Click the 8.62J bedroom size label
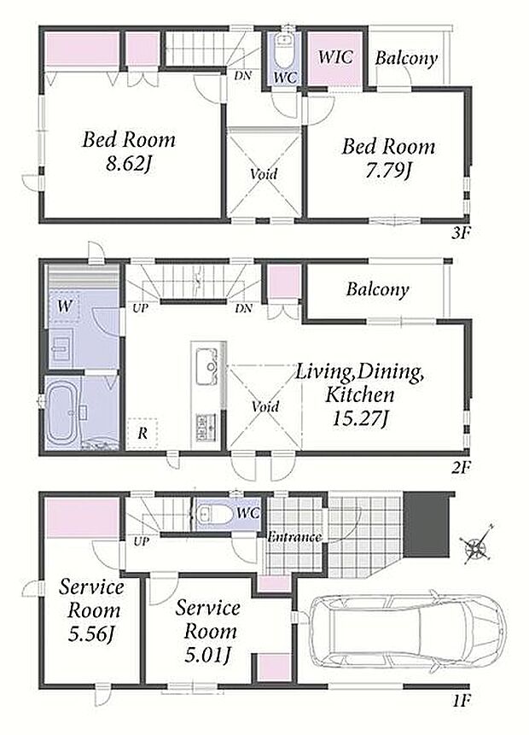[x=128, y=164]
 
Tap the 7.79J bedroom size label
[x=388, y=172]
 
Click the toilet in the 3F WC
[x=284, y=50]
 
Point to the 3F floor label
[x=460, y=233]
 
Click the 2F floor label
[x=460, y=467]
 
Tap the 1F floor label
[x=461, y=701]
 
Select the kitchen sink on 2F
[x=206, y=365]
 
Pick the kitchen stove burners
[x=206, y=427]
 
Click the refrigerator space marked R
[x=142, y=433]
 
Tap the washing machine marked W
[x=65, y=306]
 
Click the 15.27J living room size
[x=360, y=418]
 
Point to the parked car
[x=407, y=627]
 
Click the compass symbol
[x=476, y=545]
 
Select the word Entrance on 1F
[x=294, y=537]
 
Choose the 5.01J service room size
[x=208, y=655]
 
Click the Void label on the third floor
[x=264, y=174]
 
